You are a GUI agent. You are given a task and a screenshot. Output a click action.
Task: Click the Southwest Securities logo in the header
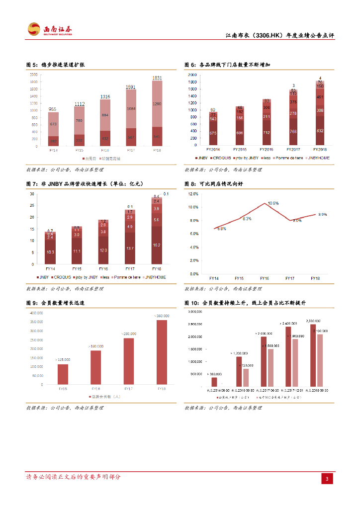tap(50, 30)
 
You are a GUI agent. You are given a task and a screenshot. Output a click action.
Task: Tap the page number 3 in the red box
tap(327, 479)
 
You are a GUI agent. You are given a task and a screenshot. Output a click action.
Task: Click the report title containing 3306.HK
tap(280, 36)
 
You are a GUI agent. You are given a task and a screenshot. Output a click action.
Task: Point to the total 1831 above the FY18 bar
tap(157, 78)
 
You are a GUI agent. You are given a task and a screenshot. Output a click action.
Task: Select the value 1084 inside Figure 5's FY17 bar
tap(131, 108)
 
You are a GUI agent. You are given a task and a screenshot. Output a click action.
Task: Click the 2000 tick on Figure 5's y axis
tap(34, 74)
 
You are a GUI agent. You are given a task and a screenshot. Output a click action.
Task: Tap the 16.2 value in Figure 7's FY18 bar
tap(157, 245)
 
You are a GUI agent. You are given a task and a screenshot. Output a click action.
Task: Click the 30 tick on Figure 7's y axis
tap(32, 194)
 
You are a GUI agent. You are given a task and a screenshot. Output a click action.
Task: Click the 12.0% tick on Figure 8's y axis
tap(193, 194)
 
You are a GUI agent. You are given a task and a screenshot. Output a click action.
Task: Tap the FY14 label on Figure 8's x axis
tap(214, 278)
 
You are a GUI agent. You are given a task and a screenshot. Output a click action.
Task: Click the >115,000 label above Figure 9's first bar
tap(63, 359)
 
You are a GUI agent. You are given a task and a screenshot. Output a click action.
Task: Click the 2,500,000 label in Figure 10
tap(313, 321)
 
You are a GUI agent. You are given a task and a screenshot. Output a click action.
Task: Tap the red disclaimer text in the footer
tap(73, 477)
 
